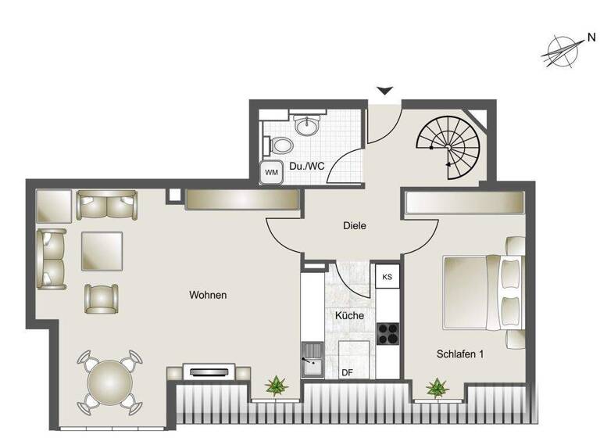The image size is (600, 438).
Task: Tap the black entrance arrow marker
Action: (384, 92)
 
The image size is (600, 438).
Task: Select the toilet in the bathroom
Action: (282, 145)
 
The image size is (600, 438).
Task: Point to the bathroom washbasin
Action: (305, 124)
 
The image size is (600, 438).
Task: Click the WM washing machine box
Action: (272, 171)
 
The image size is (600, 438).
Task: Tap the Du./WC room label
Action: (307, 167)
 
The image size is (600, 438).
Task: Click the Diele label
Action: (355, 225)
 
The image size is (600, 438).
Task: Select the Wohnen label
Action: (208, 295)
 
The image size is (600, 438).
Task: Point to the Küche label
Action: (348, 315)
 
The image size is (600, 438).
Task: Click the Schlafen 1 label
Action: (460, 354)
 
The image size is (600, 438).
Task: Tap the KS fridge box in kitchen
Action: (387, 277)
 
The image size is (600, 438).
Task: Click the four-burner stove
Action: (387, 334)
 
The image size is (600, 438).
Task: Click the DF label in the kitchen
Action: (348, 372)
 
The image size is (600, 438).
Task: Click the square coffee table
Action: (102, 252)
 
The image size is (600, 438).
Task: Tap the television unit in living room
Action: (208, 371)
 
